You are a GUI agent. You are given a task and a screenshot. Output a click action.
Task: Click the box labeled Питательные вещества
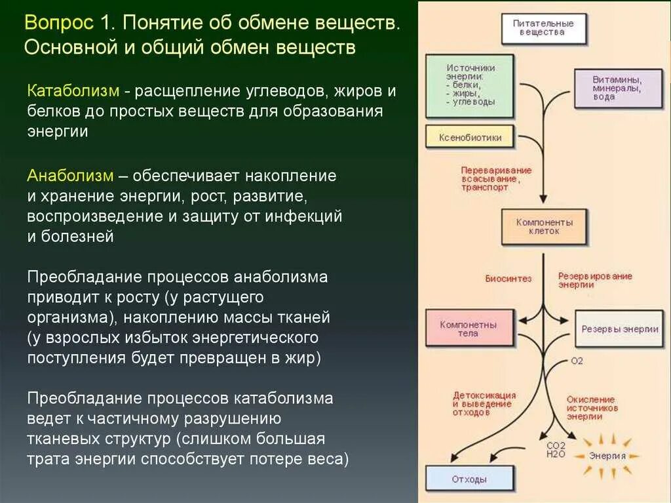click(x=543, y=28)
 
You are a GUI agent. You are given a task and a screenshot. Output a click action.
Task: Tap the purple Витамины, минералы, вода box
click(x=617, y=87)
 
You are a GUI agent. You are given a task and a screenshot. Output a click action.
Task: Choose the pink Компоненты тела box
click(x=468, y=329)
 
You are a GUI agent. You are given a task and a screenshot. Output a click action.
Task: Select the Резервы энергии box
click(x=620, y=329)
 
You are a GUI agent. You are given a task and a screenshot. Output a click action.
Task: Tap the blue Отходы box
click(x=469, y=479)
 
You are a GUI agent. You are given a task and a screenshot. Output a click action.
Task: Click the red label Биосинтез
click(x=508, y=278)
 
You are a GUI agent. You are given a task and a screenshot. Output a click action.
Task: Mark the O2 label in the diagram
click(x=577, y=361)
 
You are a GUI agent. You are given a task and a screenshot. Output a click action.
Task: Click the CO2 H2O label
click(x=556, y=451)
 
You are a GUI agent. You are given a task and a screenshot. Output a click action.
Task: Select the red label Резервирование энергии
click(x=594, y=281)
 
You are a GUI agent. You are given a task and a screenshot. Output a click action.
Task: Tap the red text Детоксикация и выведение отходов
click(x=484, y=404)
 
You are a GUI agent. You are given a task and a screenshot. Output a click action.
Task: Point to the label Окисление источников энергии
click(x=591, y=407)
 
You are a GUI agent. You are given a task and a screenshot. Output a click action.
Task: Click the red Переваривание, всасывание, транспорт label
click(x=496, y=178)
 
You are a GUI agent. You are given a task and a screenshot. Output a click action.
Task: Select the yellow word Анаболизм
click(x=67, y=176)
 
